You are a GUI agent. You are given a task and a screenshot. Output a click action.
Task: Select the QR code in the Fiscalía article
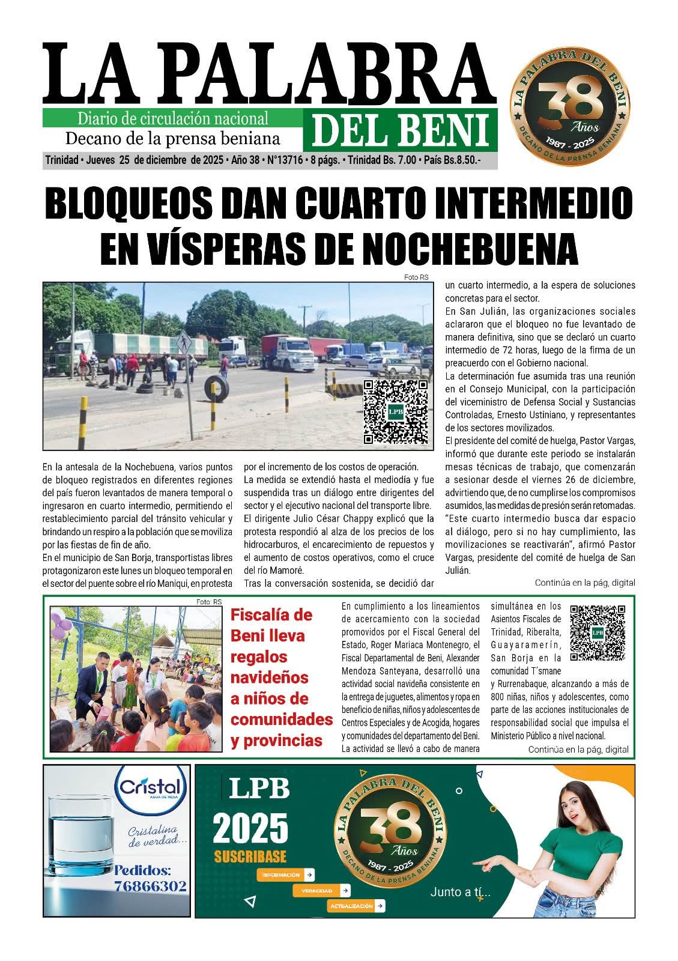click(597, 632)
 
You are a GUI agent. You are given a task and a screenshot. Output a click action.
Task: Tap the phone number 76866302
click(150, 886)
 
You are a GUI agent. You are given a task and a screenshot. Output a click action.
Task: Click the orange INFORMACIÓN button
click(285, 875)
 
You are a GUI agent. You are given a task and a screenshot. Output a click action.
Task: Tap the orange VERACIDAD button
click(321, 890)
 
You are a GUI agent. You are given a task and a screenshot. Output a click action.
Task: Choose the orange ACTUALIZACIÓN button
click(356, 906)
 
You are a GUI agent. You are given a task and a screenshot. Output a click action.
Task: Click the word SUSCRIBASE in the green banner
click(250, 856)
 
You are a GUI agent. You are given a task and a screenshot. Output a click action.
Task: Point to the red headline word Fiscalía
click(271, 615)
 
